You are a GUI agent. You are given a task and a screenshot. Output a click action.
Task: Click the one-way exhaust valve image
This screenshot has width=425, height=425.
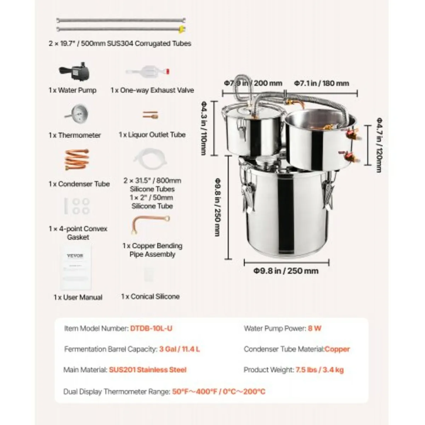click(x=148, y=72)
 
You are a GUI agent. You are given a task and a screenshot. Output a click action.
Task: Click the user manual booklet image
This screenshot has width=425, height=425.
click(x=75, y=267)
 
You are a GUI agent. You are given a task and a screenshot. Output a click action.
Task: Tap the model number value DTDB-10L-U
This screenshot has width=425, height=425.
click(x=151, y=328)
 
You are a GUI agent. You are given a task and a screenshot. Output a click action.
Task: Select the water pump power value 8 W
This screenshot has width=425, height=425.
click(x=314, y=328)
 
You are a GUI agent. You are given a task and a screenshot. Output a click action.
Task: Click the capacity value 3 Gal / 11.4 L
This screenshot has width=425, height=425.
click(x=180, y=349)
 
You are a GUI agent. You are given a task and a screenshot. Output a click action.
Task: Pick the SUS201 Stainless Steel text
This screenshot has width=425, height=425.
click(x=148, y=370)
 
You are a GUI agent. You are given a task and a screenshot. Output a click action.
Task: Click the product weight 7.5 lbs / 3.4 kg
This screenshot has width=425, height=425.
click(x=319, y=370)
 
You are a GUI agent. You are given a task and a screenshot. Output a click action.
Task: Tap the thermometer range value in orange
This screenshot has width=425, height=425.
click(x=219, y=392)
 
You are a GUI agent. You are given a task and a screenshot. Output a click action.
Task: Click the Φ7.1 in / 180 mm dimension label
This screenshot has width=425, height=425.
click(x=321, y=83)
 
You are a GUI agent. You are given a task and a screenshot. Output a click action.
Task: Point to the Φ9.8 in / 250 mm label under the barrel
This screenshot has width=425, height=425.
click(x=286, y=271)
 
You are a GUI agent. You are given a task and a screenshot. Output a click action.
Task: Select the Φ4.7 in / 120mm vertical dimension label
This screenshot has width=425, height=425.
click(x=379, y=145)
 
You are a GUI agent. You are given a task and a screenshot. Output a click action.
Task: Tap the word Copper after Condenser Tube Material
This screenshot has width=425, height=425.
click(x=337, y=349)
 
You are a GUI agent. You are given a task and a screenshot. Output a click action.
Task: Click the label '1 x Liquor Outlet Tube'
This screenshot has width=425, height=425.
click(x=152, y=135)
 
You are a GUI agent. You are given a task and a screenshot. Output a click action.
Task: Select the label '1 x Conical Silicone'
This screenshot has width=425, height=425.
click(x=150, y=296)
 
